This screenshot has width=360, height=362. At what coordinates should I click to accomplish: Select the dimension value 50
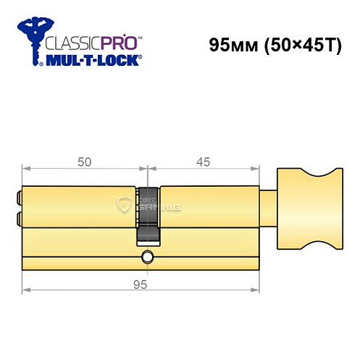pyautogui.click(x=84, y=162)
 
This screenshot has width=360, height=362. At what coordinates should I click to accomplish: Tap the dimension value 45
pyautogui.click(x=204, y=162)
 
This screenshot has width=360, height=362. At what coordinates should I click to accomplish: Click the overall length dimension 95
pyautogui.click(x=141, y=285)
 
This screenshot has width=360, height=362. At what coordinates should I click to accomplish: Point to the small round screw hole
pyautogui.click(x=148, y=256)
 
